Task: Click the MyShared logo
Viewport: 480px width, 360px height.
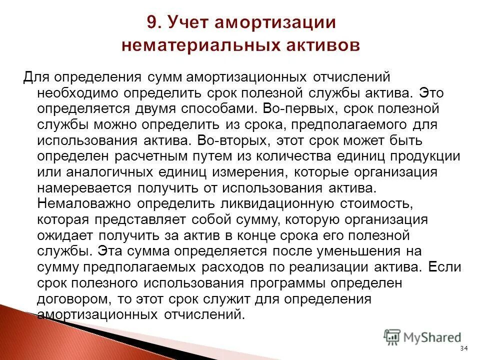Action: [423, 337]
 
